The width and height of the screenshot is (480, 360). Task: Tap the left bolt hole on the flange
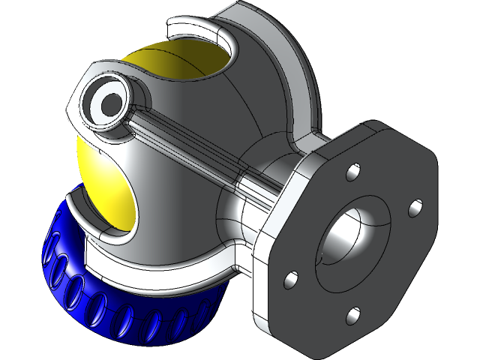(x=287, y=280)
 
